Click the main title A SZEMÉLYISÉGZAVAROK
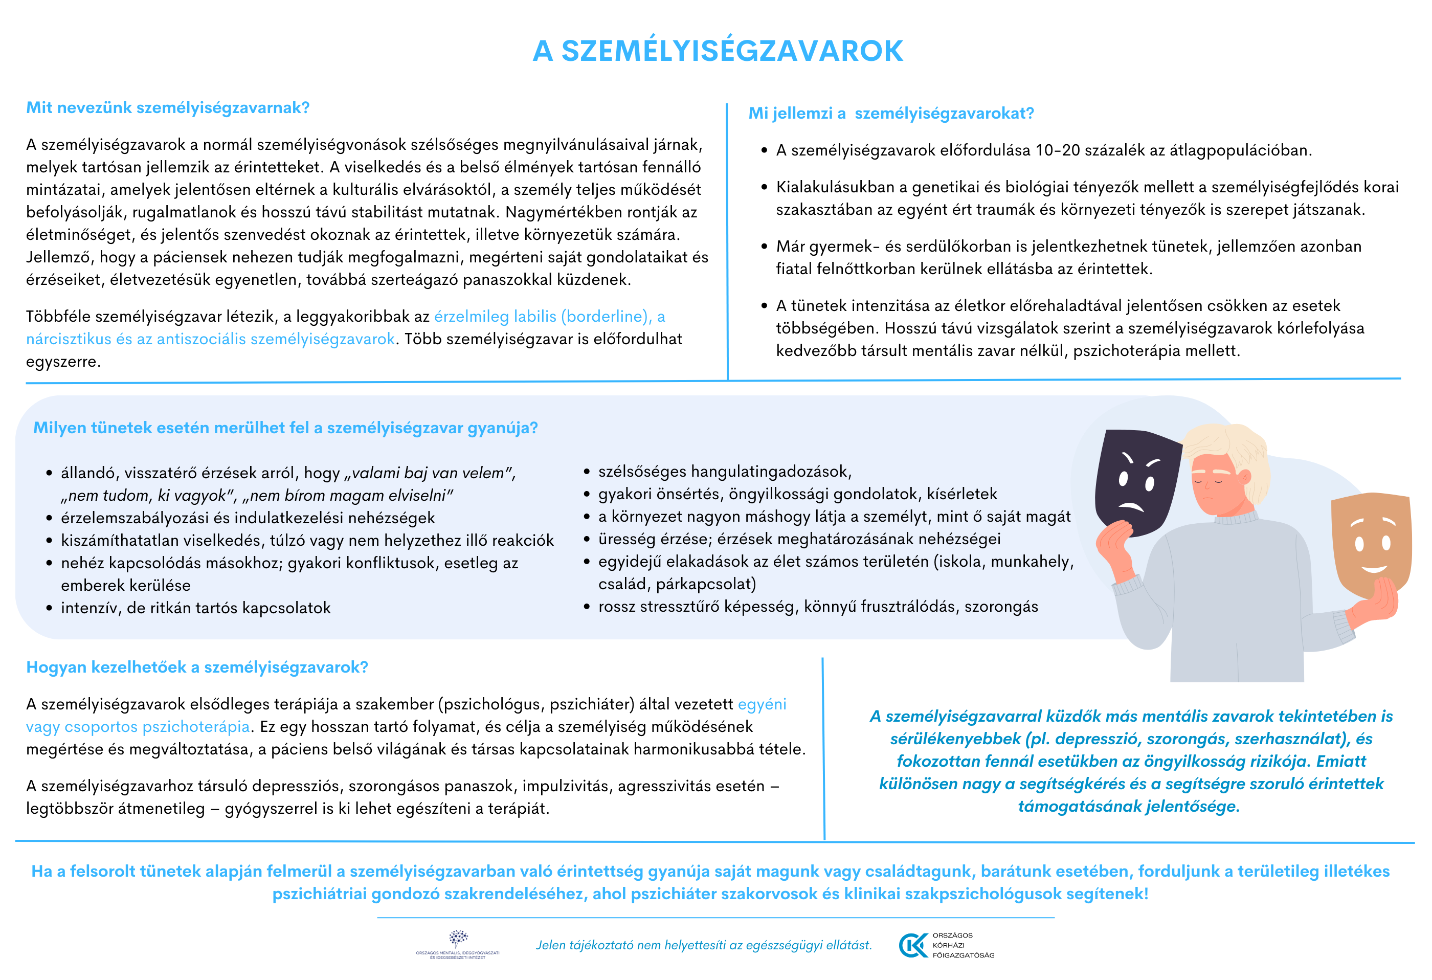point(717,51)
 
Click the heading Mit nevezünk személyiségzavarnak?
point(168,108)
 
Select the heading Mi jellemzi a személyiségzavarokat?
point(890,114)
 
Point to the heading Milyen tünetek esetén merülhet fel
point(285,428)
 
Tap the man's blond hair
point(1226,444)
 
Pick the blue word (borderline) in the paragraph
point(605,317)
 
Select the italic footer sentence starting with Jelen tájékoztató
point(704,945)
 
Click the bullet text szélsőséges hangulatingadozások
point(725,472)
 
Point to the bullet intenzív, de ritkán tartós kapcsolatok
point(195,608)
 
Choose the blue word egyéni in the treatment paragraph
point(762,704)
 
